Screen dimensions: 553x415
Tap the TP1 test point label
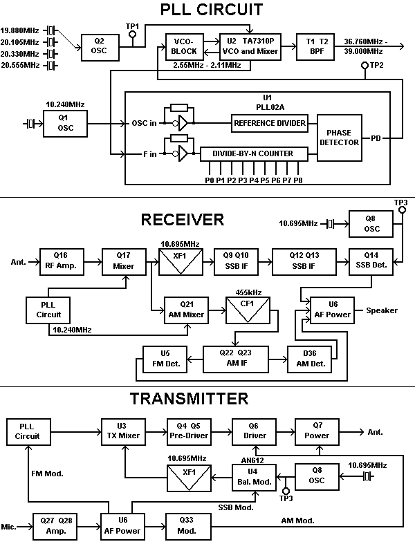pos(133,26)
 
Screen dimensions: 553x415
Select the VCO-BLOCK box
pos(183,46)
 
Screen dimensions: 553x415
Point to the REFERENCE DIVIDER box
pos(270,123)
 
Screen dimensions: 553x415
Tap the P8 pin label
pos(298,180)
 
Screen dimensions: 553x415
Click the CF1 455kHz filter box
pos(247,309)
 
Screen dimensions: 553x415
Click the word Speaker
pos(382,310)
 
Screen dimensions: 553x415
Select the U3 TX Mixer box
pos(120,431)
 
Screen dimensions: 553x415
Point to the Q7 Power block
pos(317,431)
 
